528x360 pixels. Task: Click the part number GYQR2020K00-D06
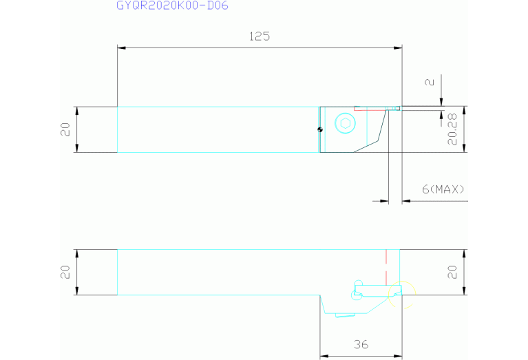[172, 6]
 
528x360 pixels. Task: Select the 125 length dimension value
[260, 36]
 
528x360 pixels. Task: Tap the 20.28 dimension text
[452, 129]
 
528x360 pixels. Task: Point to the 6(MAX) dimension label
[443, 189]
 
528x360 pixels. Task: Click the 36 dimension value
[361, 344]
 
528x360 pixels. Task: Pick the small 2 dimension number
[430, 82]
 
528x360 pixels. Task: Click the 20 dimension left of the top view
[65, 129]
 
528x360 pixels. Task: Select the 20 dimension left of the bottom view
[65, 272]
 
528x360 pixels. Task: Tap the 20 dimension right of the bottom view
[452, 272]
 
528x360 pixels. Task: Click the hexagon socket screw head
[345, 123]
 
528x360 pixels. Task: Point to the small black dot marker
[320, 129]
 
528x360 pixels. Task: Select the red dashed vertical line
[386, 267]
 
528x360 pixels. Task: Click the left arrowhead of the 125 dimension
[121, 47]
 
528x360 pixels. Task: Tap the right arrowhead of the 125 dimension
[398, 47]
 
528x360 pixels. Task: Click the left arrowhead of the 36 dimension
[324, 356]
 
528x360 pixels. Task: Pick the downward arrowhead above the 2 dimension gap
[441, 102]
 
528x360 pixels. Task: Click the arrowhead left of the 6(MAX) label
[384, 201]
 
